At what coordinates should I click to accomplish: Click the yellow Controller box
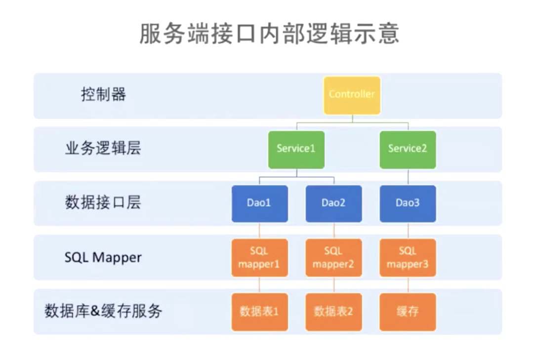pyautogui.click(x=352, y=95)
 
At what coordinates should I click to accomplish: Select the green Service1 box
pyautogui.click(x=296, y=150)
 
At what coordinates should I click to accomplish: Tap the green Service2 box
pyautogui.click(x=408, y=150)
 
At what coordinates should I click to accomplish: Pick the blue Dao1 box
pyautogui.click(x=260, y=204)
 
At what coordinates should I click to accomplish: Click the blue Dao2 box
pyautogui.click(x=333, y=204)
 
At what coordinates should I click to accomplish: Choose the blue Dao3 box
pyautogui.click(x=408, y=204)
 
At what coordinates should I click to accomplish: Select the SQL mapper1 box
pyautogui.click(x=260, y=258)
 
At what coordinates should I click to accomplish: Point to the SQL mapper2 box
pyautogui.click(x=333, y=258)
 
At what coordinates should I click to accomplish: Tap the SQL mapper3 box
pyautogui.click(x=408, y=258)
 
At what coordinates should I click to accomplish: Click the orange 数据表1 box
pyautogui.click(x=260, y=312)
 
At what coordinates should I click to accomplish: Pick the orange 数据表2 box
pyautogui.click(x=333, y=312)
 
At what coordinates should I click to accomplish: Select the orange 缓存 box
pyautogui.click(x=408, y=312)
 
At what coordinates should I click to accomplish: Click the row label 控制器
pyautogui.click(x=103, y=94)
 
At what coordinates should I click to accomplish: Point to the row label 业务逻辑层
pyautogui.click(x=103, y=149)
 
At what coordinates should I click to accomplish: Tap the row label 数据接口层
pyautogui.click(x=103, y=202)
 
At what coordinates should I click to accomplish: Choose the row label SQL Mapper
pyautogui.click(x=103, y=257)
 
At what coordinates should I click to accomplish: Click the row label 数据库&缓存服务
pyautogui.click(x=103, y=311)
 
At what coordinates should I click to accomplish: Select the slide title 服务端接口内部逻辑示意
pyautogui.click(x=269, y=34)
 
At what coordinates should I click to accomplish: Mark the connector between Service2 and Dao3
pyautogui.click(x=408, y=177)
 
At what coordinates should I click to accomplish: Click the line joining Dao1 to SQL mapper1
pyautogui.click(x=260, y=231)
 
